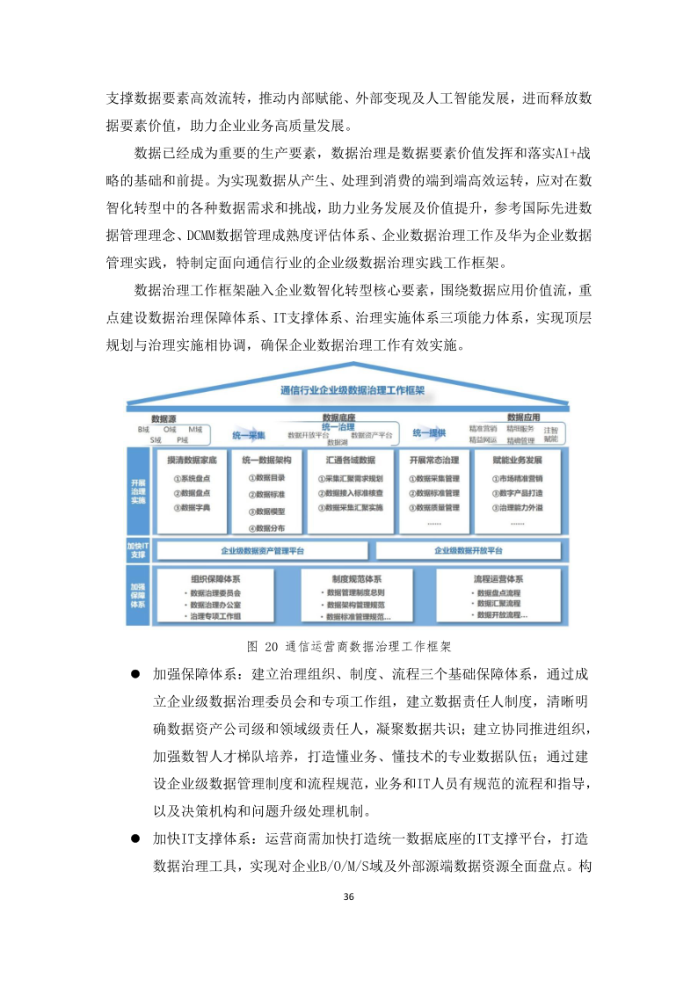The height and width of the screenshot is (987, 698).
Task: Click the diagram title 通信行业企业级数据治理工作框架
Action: pos(351,389)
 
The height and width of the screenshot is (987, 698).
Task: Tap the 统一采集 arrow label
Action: pos(249,433)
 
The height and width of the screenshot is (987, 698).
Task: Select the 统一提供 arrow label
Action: pos(429,433)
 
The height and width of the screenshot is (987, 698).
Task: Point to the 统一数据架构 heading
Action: pos(266,460)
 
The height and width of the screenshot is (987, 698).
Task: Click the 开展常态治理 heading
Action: pos(433,460)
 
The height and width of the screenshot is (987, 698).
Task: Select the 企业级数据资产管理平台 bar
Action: pos(262,550)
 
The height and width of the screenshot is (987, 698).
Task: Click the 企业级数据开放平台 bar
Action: pos(469,550)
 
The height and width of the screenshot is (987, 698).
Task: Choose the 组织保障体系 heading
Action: pos(215,579)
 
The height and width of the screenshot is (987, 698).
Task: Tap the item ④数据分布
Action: pos(265,528)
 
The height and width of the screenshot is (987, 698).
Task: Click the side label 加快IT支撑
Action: pos(137,550)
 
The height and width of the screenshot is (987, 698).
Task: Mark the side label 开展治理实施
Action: pos(138,490)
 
